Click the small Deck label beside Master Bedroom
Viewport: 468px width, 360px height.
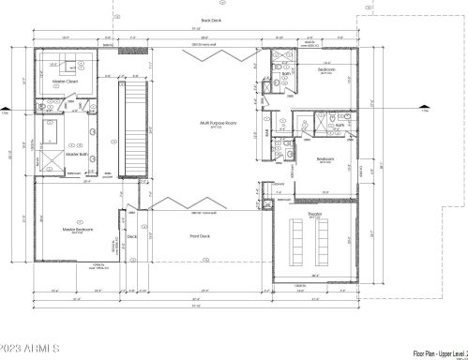coord(132,236)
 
